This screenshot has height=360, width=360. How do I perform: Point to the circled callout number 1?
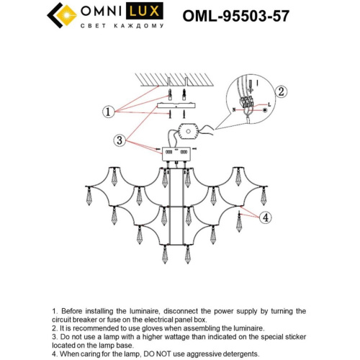[x=109, y=112]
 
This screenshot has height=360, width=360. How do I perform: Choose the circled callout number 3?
[x=120, y=138]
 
